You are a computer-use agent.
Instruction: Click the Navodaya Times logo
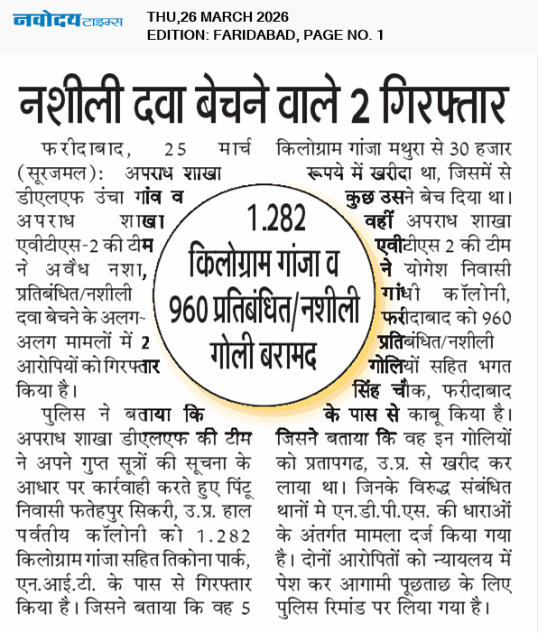[x=68, y=21]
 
